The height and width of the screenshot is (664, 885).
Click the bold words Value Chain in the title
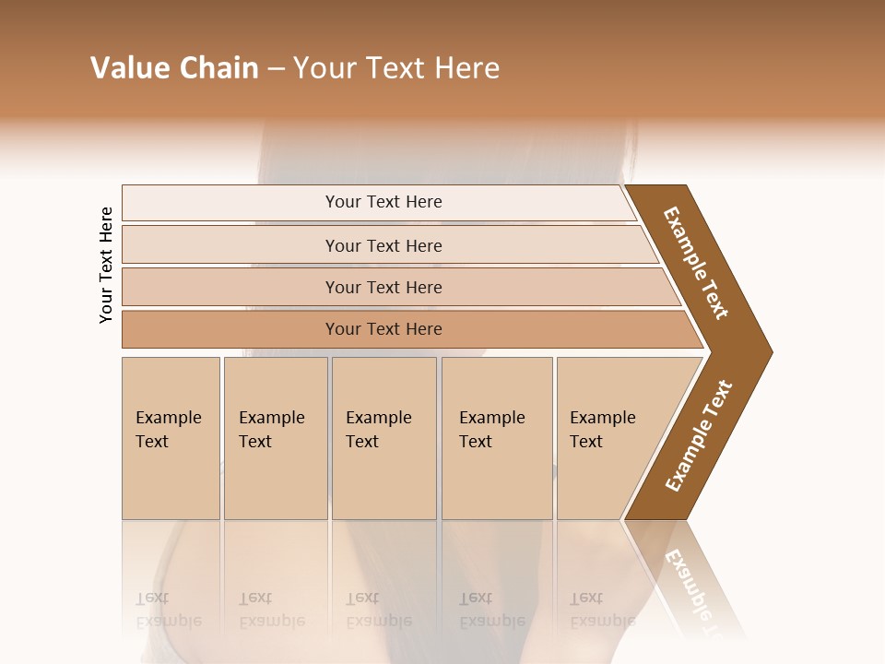pos(174,68)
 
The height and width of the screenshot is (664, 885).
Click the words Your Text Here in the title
pos(396,68)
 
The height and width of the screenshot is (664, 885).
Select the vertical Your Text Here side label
pos(106,265)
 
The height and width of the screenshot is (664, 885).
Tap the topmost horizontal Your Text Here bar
pos(383,202)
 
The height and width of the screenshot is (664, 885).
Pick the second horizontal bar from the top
pos(383,245)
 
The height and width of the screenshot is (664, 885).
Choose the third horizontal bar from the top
pos(383,288)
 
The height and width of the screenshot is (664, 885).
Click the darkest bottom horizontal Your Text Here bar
pos(383,329)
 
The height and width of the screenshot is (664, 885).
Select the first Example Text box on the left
pos(170,437)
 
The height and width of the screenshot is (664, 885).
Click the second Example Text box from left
pos(274,437)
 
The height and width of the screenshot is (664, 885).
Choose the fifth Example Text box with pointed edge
pos(608,437)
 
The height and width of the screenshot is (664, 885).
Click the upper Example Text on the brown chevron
pos(696,263)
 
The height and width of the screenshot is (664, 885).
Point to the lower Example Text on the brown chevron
pos(699,436)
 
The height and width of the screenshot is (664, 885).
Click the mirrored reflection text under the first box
pos(168,610)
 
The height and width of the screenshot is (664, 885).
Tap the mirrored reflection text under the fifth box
pos(602,610)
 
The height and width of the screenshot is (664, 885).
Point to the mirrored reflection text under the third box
pos(378,610)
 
